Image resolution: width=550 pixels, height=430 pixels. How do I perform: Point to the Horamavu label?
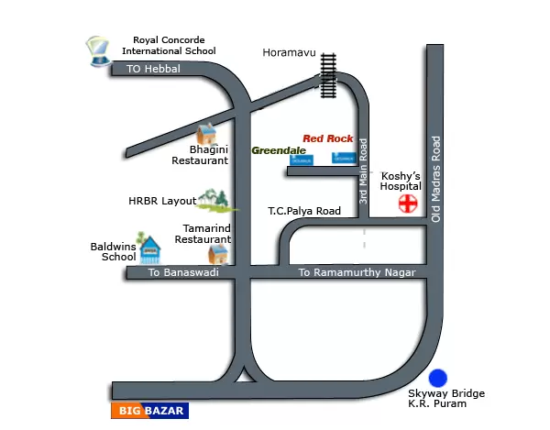click(x=289, y=53)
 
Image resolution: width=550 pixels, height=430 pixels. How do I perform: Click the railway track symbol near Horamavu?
click(x=328, y=72)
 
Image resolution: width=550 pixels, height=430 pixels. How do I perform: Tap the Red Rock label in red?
click(x=327, y=138)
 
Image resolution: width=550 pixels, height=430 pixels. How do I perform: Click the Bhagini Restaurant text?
click(x=201, y=154)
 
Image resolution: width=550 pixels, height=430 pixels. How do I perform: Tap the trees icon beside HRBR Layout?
click(x=214, y=199)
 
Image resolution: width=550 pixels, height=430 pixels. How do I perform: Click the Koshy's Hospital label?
click(x=400, y=180)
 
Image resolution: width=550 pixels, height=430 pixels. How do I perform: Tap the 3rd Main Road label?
click(x=363, y=171)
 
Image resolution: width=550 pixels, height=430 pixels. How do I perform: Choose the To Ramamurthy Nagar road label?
click(x=357, y=273)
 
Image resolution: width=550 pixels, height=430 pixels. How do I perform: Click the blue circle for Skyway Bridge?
click(x=438, y=378)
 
